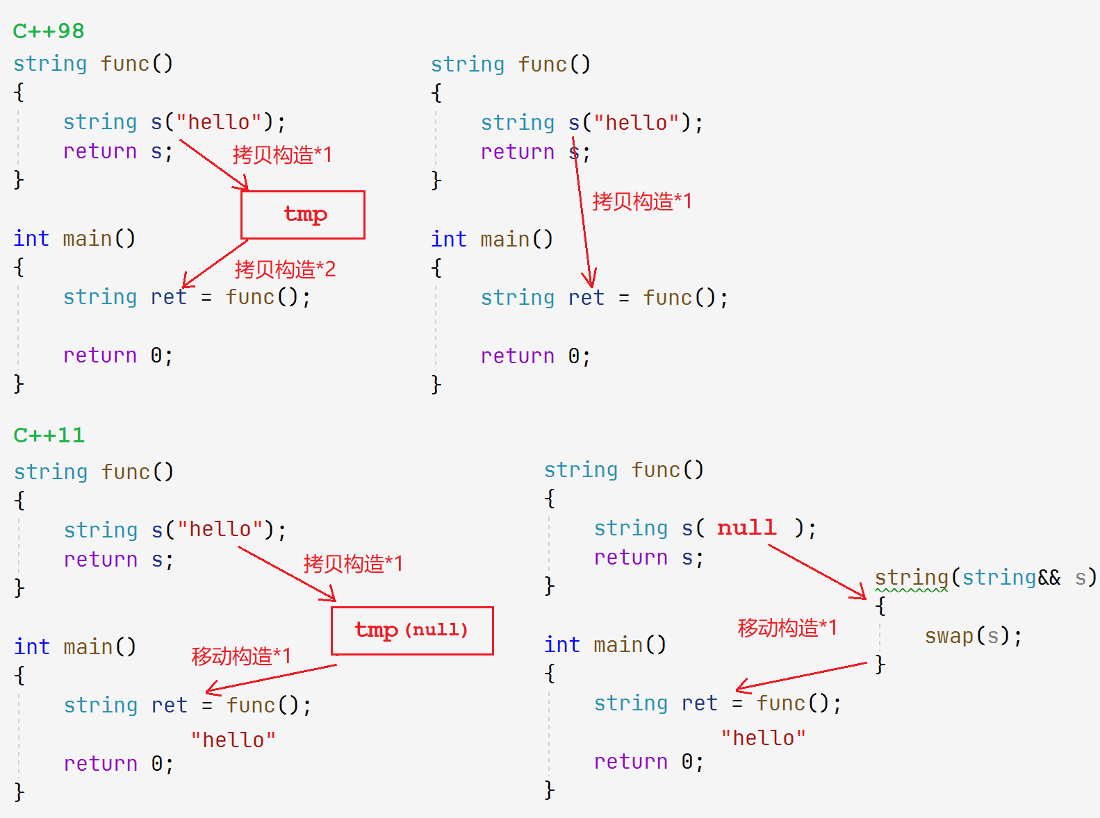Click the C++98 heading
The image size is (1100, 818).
click(49, 31)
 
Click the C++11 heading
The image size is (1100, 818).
click(49, 435)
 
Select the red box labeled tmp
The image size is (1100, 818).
click(303, 215)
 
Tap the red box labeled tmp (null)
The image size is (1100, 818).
click(412, 631)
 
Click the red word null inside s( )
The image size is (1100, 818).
click(746, 528)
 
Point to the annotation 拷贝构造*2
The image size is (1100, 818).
click(285, 269)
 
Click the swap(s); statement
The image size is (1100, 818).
click(973, 636)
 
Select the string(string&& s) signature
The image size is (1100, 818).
click(985, 577)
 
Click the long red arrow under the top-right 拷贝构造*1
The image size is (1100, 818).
click(582, 215)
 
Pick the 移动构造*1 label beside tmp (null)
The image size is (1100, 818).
click(241, 656)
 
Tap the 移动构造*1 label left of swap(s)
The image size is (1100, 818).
click(787, 628)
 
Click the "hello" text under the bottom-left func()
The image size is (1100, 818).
click(233, 740)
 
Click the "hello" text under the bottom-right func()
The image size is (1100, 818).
click(763, 738)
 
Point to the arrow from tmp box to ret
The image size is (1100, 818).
click(215, 264)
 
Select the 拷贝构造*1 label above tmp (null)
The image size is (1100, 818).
click(353, 563)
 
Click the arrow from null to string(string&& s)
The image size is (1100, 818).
click(817, 571)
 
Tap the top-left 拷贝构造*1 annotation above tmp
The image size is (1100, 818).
click(282, 154)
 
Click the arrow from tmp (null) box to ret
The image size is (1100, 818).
click(271, 678)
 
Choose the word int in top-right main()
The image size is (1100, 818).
click(448, 240)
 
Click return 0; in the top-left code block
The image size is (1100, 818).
click(117, 356)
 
